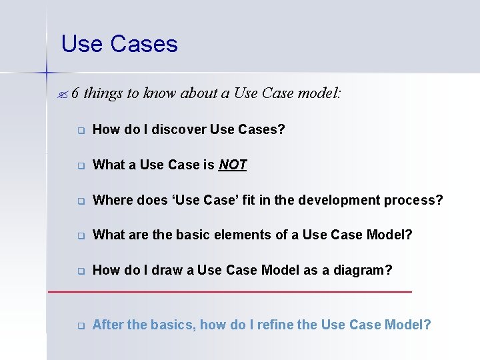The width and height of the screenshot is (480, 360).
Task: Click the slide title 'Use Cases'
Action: coord(119,44)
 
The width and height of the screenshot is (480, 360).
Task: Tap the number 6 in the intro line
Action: coord(75,93)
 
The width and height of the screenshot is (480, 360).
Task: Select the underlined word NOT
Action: coord(233,165)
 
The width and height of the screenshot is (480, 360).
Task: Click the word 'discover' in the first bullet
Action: coord(179,129)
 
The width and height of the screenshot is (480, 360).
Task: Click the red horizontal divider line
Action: coord(230,292)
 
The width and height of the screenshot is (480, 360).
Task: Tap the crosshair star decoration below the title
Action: coord(47,70)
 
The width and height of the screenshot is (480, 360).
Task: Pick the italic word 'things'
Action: coord(103,93)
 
